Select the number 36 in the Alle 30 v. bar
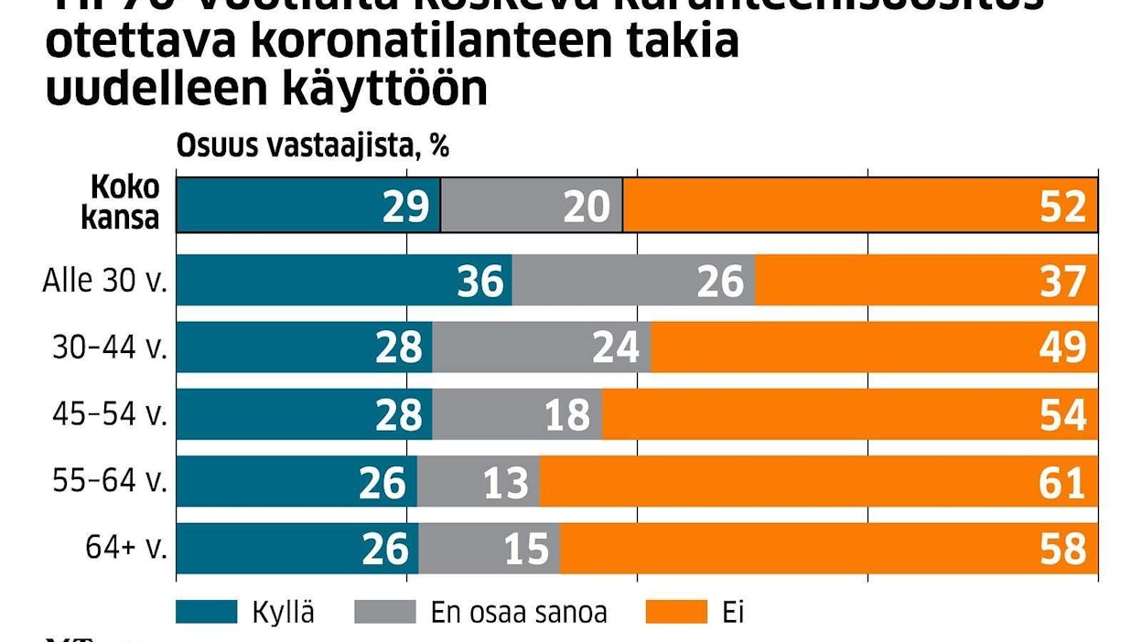[479, 281]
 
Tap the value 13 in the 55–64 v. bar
[504, 482]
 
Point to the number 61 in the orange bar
[1062, 482]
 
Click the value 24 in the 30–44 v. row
[614, 348]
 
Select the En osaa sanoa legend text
[518, 611]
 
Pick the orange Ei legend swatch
[677, 611]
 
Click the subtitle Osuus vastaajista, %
[312, 145]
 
